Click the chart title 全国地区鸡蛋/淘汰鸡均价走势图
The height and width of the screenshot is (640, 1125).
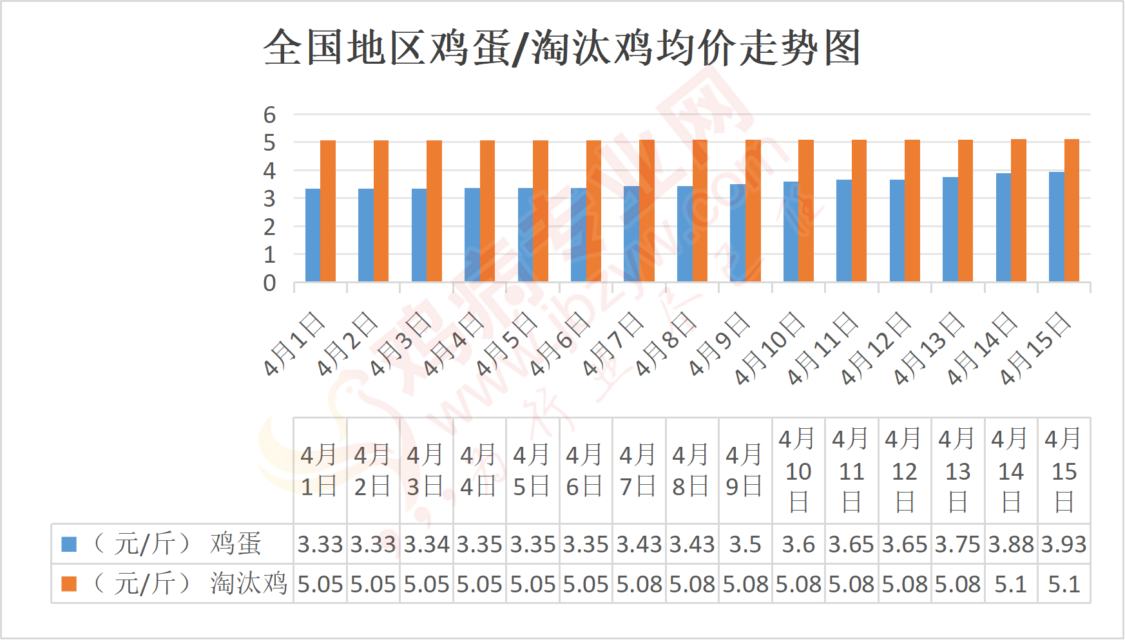click(x=562, y=48)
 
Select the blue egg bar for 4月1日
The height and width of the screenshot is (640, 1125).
click(x=312, y=235)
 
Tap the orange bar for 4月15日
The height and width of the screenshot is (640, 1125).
click(x=1071, y=211)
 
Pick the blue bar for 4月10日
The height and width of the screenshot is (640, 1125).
click(x=791, y=232)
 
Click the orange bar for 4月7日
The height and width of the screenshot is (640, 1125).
click(x=646, y=211)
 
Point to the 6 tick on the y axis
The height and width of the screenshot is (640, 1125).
click(x=269, y=115)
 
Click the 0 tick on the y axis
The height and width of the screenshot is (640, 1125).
click(x=269, y=283)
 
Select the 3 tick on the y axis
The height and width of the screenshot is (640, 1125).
click(x=269, y=199)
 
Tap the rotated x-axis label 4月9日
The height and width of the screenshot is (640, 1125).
click(x=719, y=344)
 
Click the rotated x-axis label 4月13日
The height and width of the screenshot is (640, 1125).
click(x=928, y=349)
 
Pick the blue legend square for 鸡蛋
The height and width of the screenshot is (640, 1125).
click(x=69, y=545)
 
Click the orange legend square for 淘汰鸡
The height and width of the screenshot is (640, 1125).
click(x=69, y=584)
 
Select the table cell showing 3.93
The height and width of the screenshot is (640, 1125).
click(x=1064, y=545)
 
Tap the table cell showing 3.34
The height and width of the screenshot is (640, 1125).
click(x=427, y=545)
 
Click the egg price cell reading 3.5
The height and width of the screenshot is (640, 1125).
click(x=745, y=545)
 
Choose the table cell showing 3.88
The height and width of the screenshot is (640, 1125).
click(x=1011, y=545)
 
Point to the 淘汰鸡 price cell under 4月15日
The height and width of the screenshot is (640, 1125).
click(x=1064, y=584)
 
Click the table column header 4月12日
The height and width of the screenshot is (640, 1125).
click(x=905, y=471)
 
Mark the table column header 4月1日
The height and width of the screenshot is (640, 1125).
click(x=320, y=471)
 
